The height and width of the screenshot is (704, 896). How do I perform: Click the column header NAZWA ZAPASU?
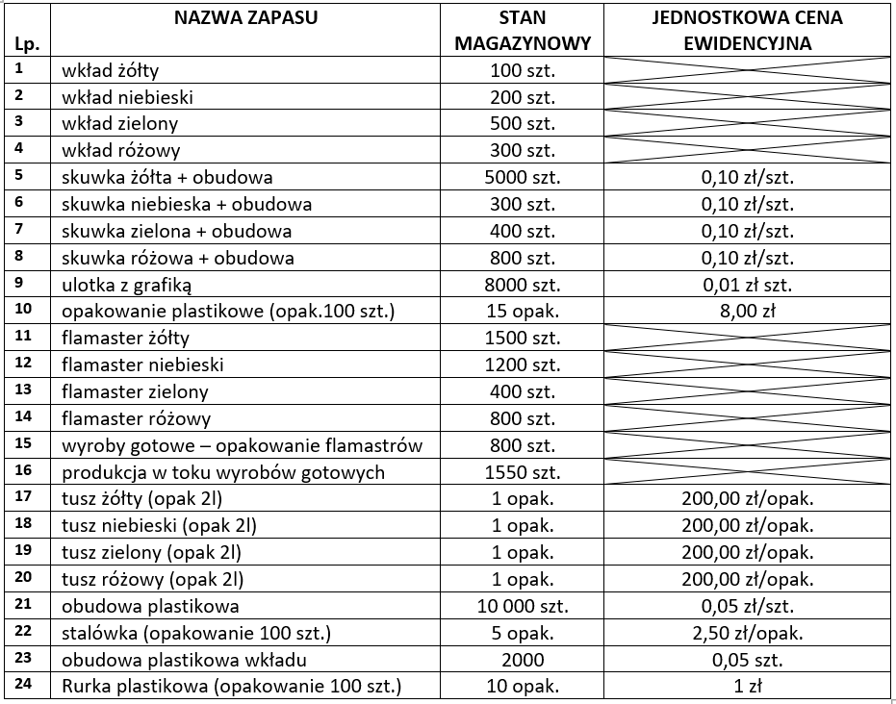click(245, 18)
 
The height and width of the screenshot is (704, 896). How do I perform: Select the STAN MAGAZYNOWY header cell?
click(523, 31)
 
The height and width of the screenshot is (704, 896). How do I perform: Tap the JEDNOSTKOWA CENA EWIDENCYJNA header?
click(746, 31)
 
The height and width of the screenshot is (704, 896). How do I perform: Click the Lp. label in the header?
click(25, 44)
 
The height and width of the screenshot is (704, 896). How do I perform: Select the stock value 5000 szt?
click(523, 177)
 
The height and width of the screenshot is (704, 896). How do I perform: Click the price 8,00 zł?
click(746, 311)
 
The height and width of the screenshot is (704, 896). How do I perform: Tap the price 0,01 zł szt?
click(746, 284)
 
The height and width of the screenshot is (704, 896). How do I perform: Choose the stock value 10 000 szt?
click(523, 605)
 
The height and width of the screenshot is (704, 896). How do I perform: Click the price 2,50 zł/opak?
click(746, 632)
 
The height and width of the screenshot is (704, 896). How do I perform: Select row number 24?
click(25, 685)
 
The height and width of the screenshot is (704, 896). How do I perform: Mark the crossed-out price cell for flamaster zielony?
click(746, 391)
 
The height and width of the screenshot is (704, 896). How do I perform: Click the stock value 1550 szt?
click(523, 471)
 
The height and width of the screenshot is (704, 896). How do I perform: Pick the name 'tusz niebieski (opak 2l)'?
click(159, 525)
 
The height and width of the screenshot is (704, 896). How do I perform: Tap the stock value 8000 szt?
click(523, 284)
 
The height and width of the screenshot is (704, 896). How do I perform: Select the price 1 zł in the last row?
click(746, 686)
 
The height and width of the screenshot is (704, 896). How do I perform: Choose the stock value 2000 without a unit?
click(523, 659)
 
